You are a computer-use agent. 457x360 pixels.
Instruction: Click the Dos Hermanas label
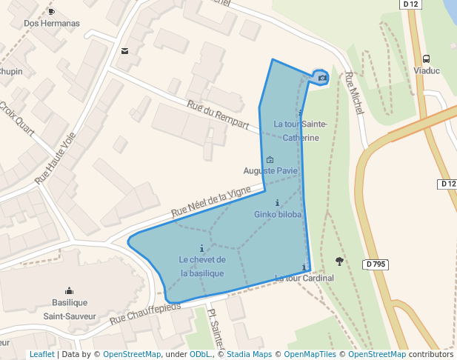pyautogui.click(x=51, y=23)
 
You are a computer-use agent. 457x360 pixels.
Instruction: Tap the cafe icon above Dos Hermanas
pyautogui.click(x=51, y=11)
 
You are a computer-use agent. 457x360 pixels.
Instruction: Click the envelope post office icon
pyautogui.click(x=124, y=51)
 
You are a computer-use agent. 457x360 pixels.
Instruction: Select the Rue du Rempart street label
pyautogui.click(x=217, y=115)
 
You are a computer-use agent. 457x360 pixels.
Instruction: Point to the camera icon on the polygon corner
pyautogui.click(x=322, y=77)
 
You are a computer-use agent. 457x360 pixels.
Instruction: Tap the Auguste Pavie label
pyautogui.click(x=270, y=170)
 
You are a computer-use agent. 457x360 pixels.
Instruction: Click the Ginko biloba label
pyautogui.click(x=278, y=215)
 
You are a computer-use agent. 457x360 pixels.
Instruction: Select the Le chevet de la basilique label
pyautogui.click(x=201, y=266)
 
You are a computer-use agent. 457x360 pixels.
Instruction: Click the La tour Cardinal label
pyautogui.click(x=304, y=278)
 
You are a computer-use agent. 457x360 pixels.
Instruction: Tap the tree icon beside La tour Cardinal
pyautogui.click(x=340, y=261)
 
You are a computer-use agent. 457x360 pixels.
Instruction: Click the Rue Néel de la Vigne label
pyautogui.click(x=212, y=202)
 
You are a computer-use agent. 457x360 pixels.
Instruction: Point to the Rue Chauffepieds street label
pyautogui.click(x=145, y=312)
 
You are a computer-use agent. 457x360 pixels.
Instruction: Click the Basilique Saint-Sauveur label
pyautogui.click(x=70, y=309)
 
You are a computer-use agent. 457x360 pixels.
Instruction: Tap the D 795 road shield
pyautogui.click(x=376, y=264)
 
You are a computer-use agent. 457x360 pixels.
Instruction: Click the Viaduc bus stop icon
pyautogui.click(x=427, y=59)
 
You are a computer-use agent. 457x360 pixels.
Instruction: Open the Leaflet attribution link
pyautogui.click(x=41, y=354)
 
